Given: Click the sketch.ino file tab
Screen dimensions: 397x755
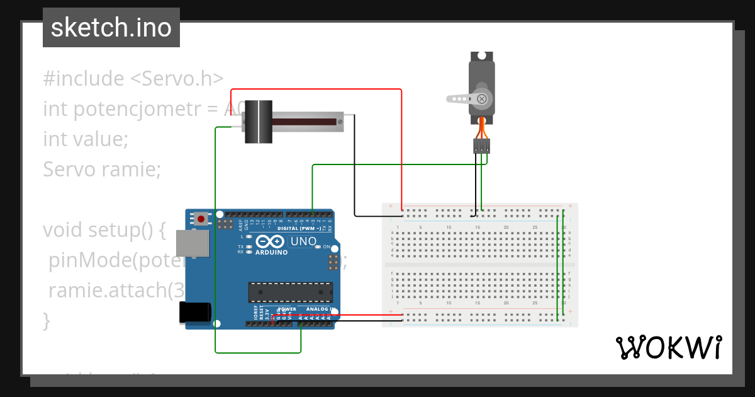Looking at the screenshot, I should [111, 28].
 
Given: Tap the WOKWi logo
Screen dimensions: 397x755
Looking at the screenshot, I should [668, 347].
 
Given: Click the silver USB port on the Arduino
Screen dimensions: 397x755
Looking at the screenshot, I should [193, 243].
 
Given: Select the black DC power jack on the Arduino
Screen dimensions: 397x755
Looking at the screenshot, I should [194, 313].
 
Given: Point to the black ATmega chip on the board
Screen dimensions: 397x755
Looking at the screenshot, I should [290, 292].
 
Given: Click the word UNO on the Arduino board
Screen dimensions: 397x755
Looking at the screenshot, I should [303, 241].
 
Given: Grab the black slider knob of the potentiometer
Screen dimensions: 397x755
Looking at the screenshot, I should [258, 122].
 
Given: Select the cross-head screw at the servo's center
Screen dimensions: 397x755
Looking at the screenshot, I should [482, 98].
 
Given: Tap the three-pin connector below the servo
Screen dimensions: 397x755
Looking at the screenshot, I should [481, 146].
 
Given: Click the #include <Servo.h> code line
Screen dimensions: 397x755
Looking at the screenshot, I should [133, 79].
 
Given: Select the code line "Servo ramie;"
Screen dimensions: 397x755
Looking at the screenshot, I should [102, 169].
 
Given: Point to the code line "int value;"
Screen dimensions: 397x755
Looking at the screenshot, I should [86, 139].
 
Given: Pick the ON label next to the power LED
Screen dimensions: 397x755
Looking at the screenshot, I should [326, 247].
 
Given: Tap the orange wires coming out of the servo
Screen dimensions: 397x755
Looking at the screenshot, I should [482, 128].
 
